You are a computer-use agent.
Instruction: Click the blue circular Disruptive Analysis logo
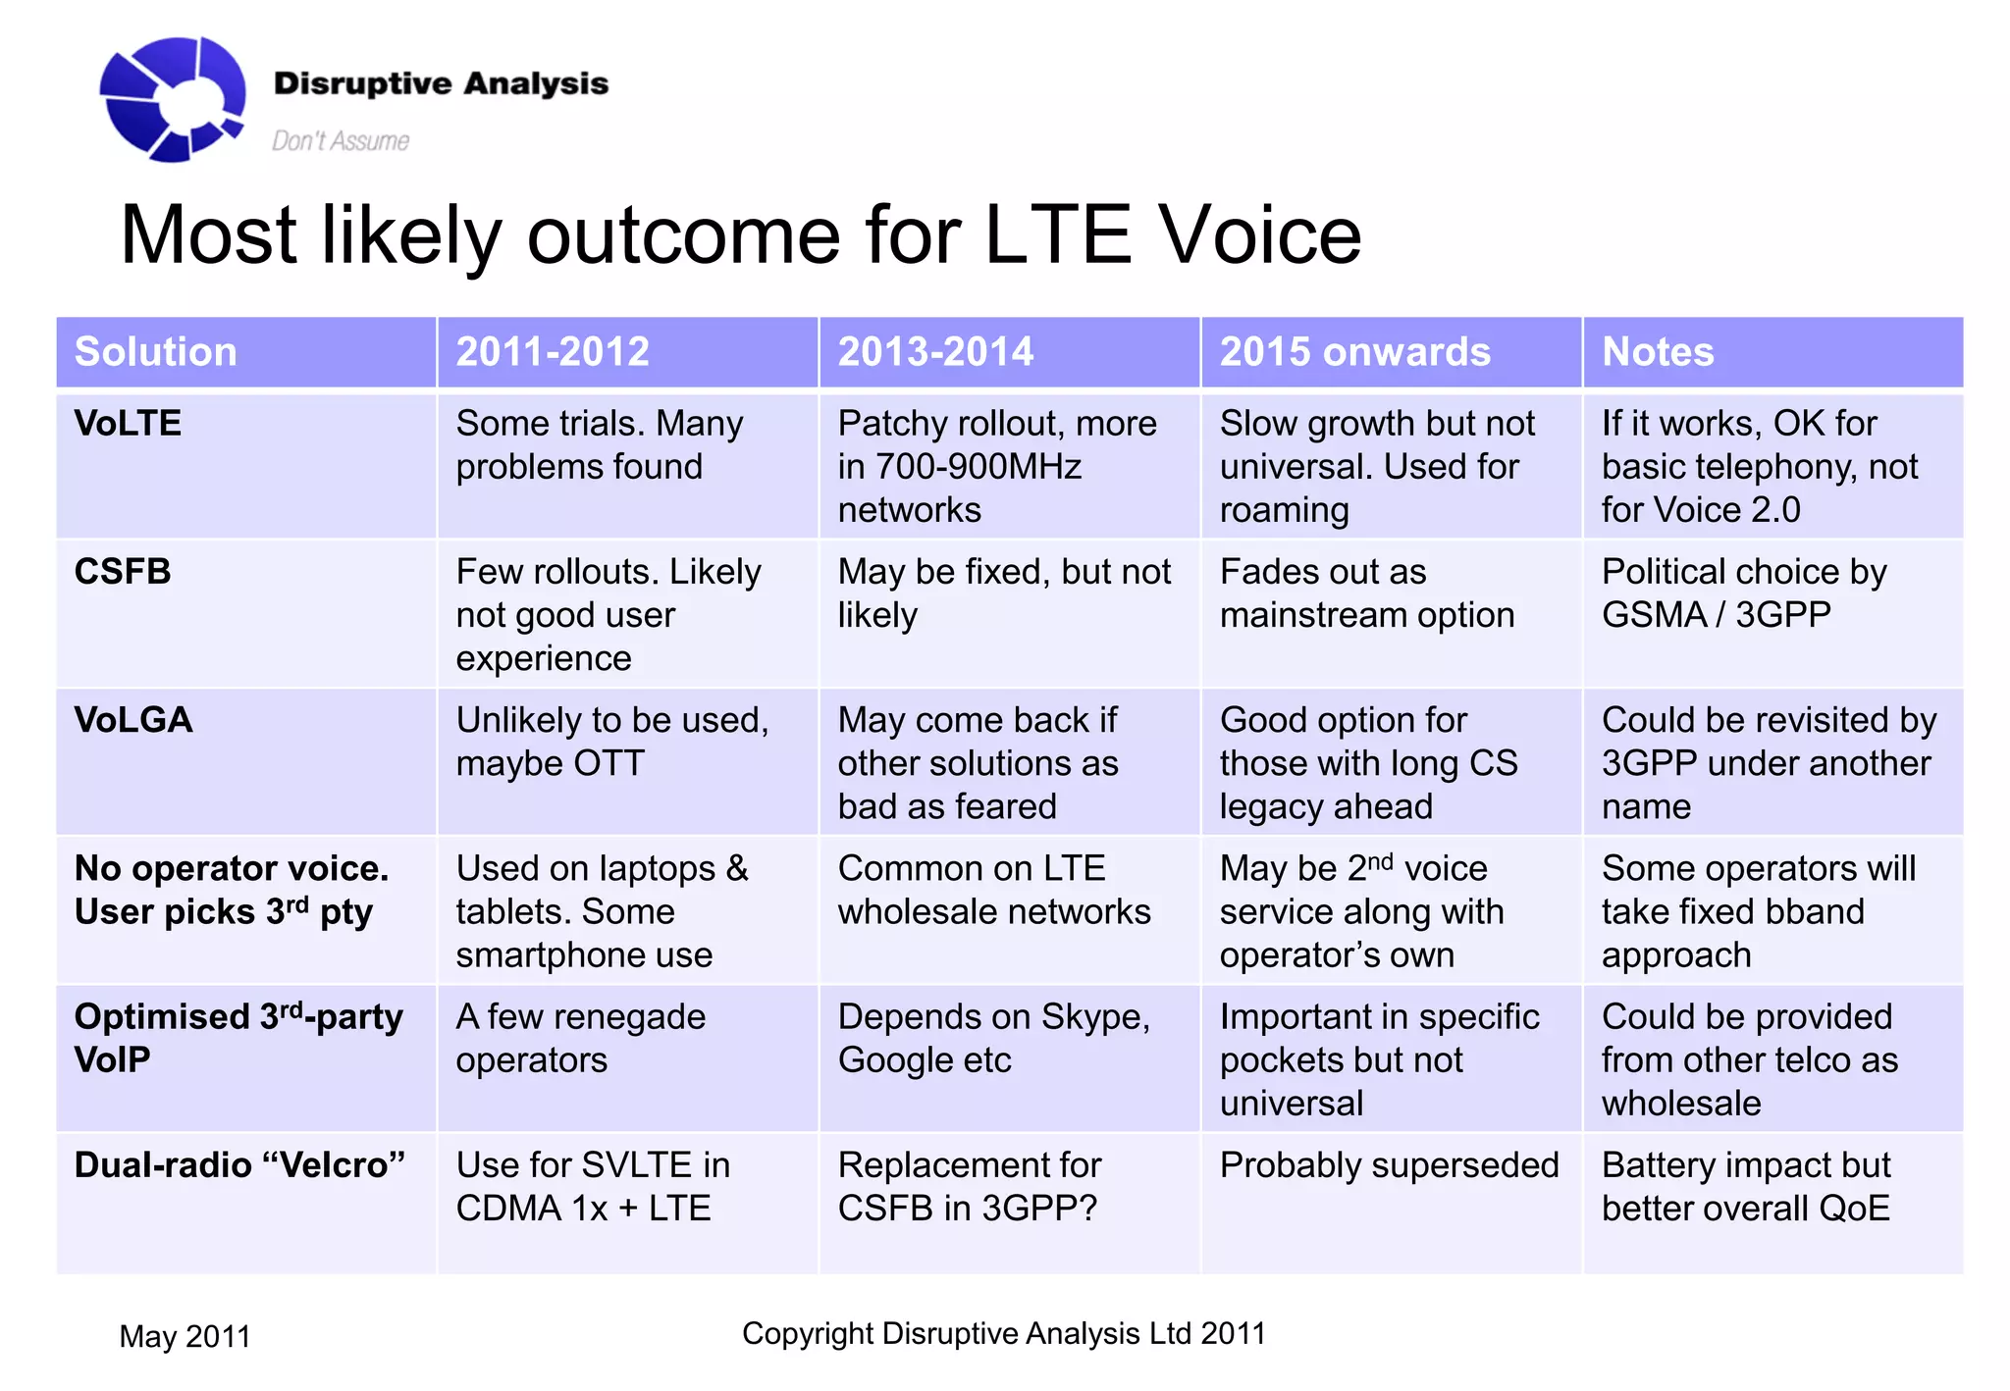pos(172,98)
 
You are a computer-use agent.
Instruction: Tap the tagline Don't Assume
pos(340,141)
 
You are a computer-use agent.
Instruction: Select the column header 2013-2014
pos(934,352)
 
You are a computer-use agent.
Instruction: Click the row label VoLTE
pos(128,424)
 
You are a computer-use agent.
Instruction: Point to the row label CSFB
pos(123,572)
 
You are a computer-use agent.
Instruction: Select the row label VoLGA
pos(133,720)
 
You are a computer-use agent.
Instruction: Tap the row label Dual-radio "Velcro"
pos(239,1165)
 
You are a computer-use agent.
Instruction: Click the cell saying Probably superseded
pos(1388,1165)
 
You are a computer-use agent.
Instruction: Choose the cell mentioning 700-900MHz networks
pos(996,467)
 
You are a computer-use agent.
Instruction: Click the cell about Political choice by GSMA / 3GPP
pos(1743,593)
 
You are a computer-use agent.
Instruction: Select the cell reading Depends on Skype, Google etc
pos(993,1039)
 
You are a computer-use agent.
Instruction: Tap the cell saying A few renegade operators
pos(580,1039)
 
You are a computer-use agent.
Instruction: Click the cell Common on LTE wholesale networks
pos(993,891)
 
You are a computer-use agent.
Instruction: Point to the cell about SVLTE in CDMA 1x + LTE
pos(592,1187)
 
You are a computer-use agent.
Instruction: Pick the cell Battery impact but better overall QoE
pos(1745,1187)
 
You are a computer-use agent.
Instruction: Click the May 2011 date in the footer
pos(185,1336)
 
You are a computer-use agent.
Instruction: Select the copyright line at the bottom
pos(1003,1334)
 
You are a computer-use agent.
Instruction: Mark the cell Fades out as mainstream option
pos(1366,593)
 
